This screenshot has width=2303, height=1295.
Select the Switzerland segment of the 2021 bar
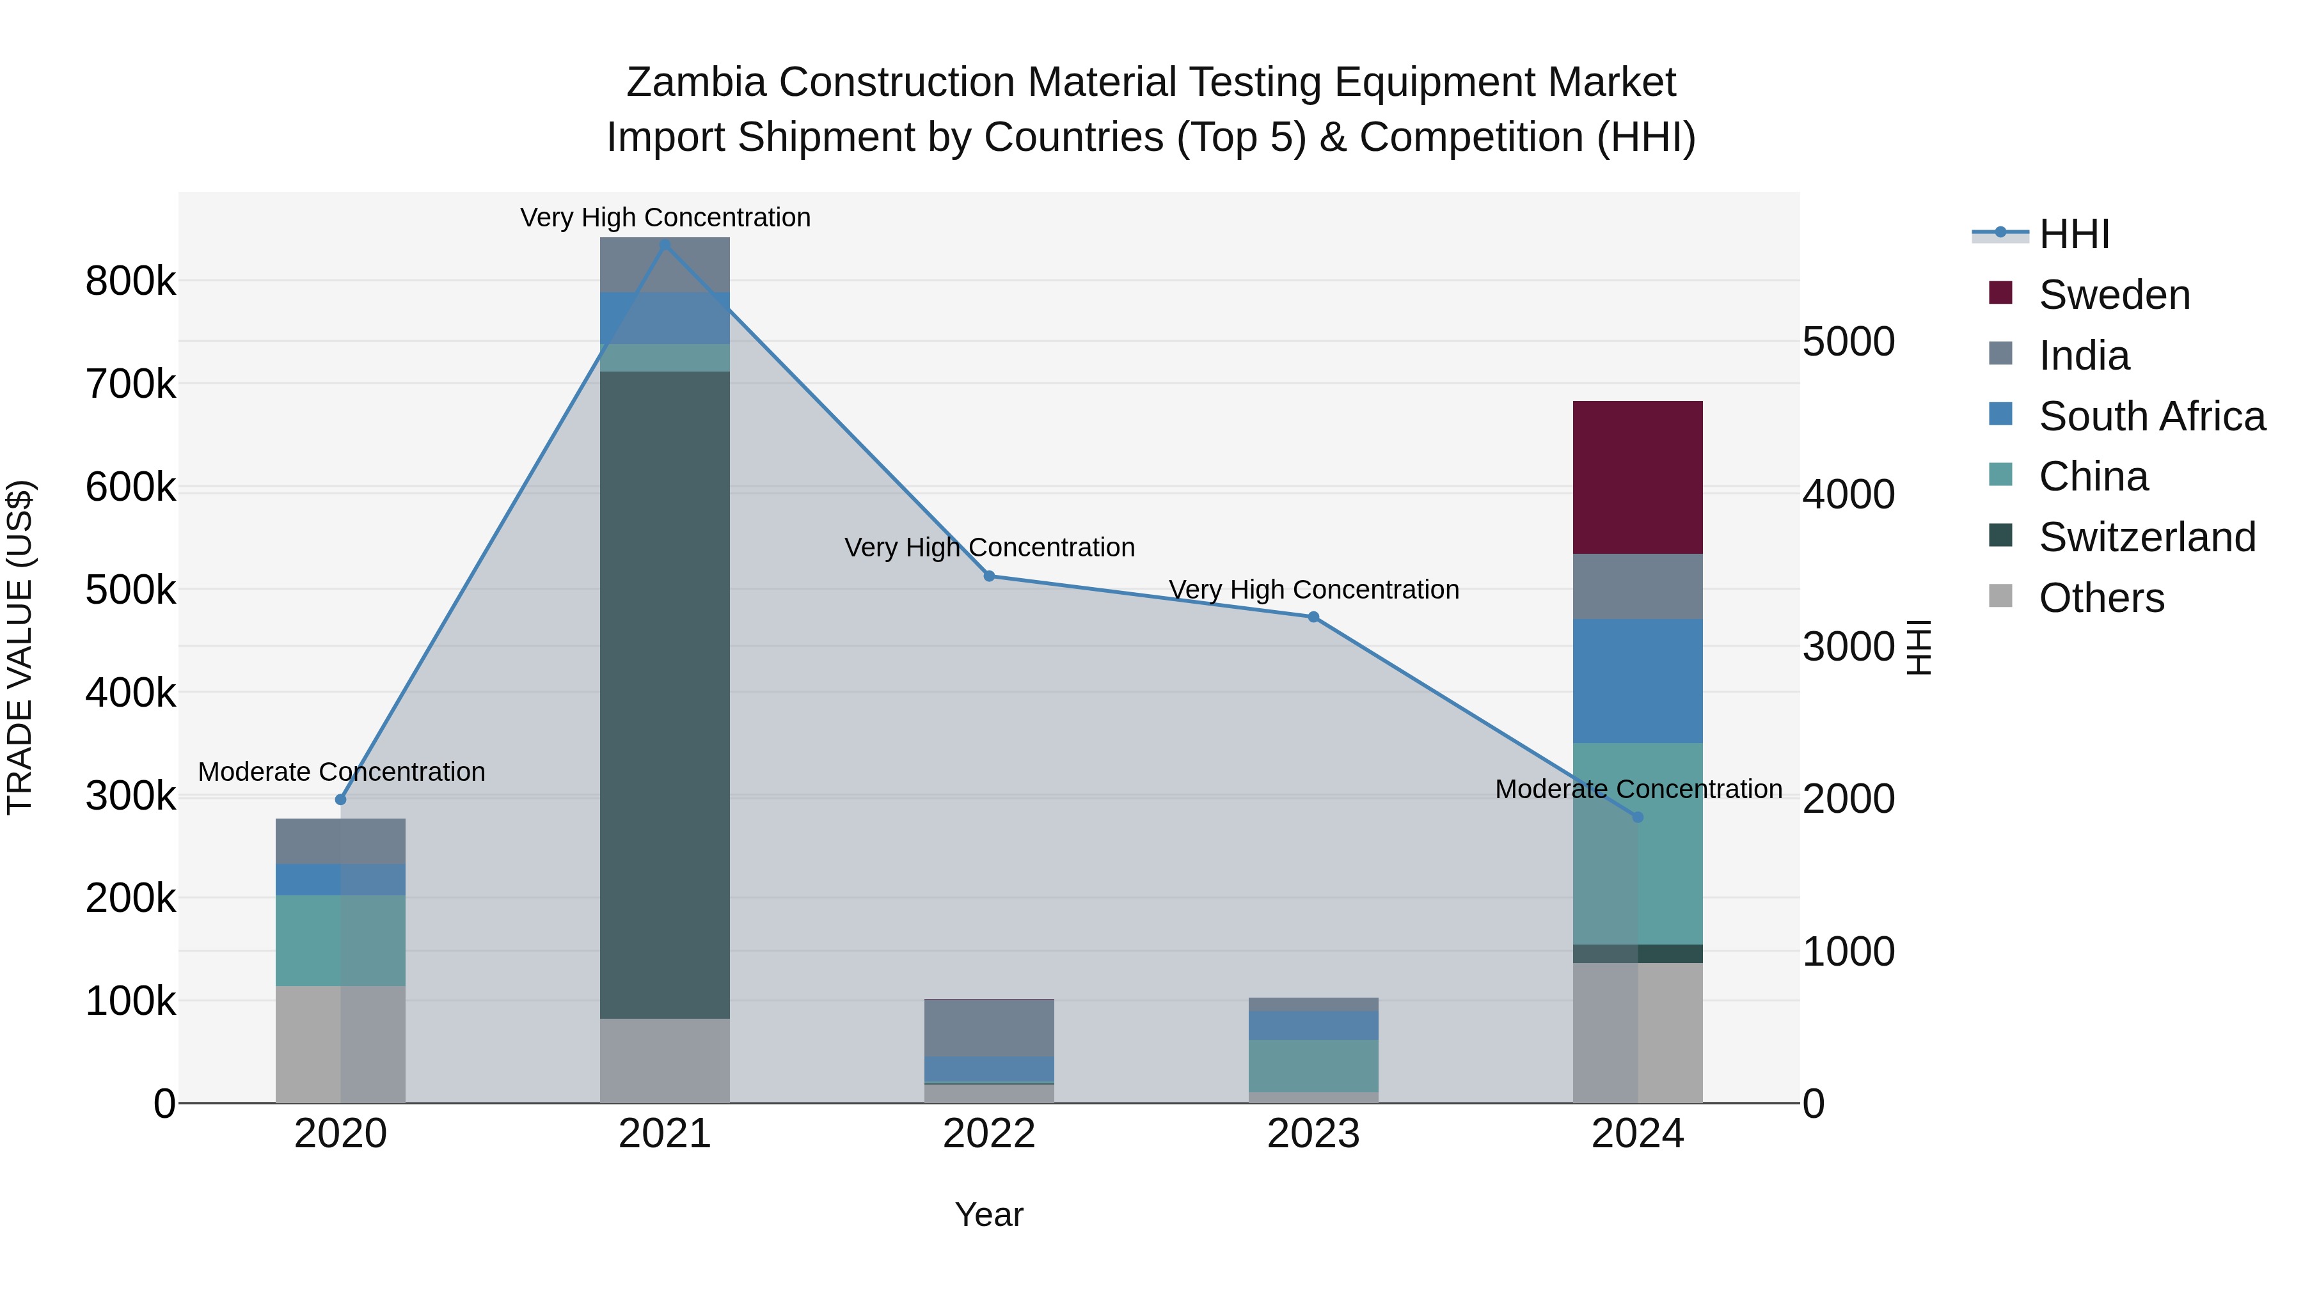pyautogui.click(x=664, y=695)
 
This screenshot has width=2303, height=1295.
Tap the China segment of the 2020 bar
pyautogui.click(x=340, y=940)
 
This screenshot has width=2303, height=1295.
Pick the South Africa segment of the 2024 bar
pyautogui.click(x=1637, y=681)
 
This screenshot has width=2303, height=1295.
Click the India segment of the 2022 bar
pyautogui.click(x=989, y=1028)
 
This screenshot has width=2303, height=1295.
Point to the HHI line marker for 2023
pyautogui.click(x=1313, y=616)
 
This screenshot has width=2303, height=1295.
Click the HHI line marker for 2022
pyautogui.click(x=989, y=576)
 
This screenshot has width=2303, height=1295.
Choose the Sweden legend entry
pyautogui.click(x=2114, y=295)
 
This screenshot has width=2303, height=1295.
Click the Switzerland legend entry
pyautogui.click(x=2146, y=537)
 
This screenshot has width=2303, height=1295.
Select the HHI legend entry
pyautogui.click(x=2074, y=234)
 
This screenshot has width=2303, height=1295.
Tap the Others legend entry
pyautogui.click(x=2101, y=598)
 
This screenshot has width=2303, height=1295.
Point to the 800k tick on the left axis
pyautogui.click(x=131, y=281)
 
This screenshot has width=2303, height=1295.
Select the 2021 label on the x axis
pyautogui.click(x=664, y=1134)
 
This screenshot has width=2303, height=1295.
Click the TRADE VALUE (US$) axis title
pyautogui.click(x=20, y=647)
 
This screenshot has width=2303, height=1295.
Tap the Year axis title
pyautogui.click(x=989, y=1214)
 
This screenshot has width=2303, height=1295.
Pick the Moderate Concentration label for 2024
pyautogui.click(x=1638, y=789)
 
